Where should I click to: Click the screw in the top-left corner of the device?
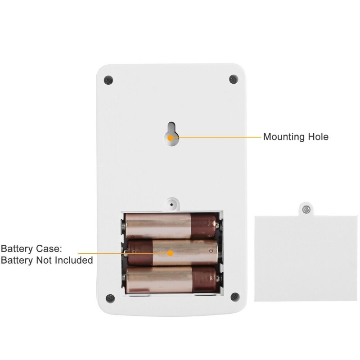[108, 80]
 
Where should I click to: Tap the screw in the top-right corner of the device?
[233, 79]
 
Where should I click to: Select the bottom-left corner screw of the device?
[108, 297]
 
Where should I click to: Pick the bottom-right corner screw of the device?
[234, 297]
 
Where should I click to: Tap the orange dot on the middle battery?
[171, 253]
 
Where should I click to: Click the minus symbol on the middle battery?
[210, 251]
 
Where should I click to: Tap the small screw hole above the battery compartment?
[171, 204]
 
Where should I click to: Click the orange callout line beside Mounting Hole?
[216, 136]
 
